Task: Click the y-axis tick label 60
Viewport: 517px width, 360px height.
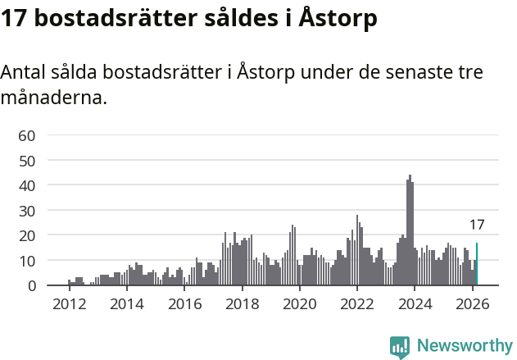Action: tap(27, 135)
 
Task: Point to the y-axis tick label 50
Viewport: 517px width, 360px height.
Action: tap(27, 161)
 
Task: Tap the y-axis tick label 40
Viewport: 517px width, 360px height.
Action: tap(27, 186)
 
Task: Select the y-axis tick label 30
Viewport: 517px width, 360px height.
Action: tap(27, 211)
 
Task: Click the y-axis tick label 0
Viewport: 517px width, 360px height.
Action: tap(32, 286)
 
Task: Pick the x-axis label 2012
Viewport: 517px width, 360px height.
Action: tap(69, 303)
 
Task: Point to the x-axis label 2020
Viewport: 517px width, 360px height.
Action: tap(299, 303)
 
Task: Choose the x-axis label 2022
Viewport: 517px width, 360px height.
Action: tap(357, 303)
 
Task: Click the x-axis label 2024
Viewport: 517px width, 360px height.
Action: tap(415, 303)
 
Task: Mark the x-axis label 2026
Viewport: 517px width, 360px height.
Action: tap(473, 303)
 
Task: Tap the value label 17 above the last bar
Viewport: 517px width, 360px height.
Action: tap(477, 225)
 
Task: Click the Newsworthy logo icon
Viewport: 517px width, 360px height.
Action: tap(400, 346)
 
